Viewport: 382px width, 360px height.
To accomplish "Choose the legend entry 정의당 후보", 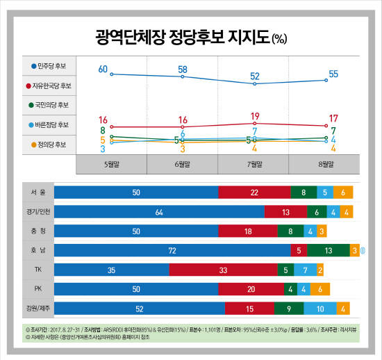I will pyautogui.click(x=48, y=145).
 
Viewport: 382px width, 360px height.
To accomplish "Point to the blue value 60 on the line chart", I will pyautogui.click(x=103, y=68).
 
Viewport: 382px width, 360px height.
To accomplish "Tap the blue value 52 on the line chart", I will pyautogui.click(x=255, y=76).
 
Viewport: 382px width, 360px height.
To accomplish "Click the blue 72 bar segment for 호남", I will pyautogui.click(x=172, y=250).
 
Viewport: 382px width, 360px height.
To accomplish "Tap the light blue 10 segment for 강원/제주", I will pyautogui.click(x=319, y=307).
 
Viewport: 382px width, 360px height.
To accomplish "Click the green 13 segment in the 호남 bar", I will pyautogui.click(x=327, y=250).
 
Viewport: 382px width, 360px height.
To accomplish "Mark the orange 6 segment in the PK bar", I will pyautogui.click(x=319, y=288).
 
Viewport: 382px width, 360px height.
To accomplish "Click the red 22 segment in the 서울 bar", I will pyautogui.click(x=254, y=193).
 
